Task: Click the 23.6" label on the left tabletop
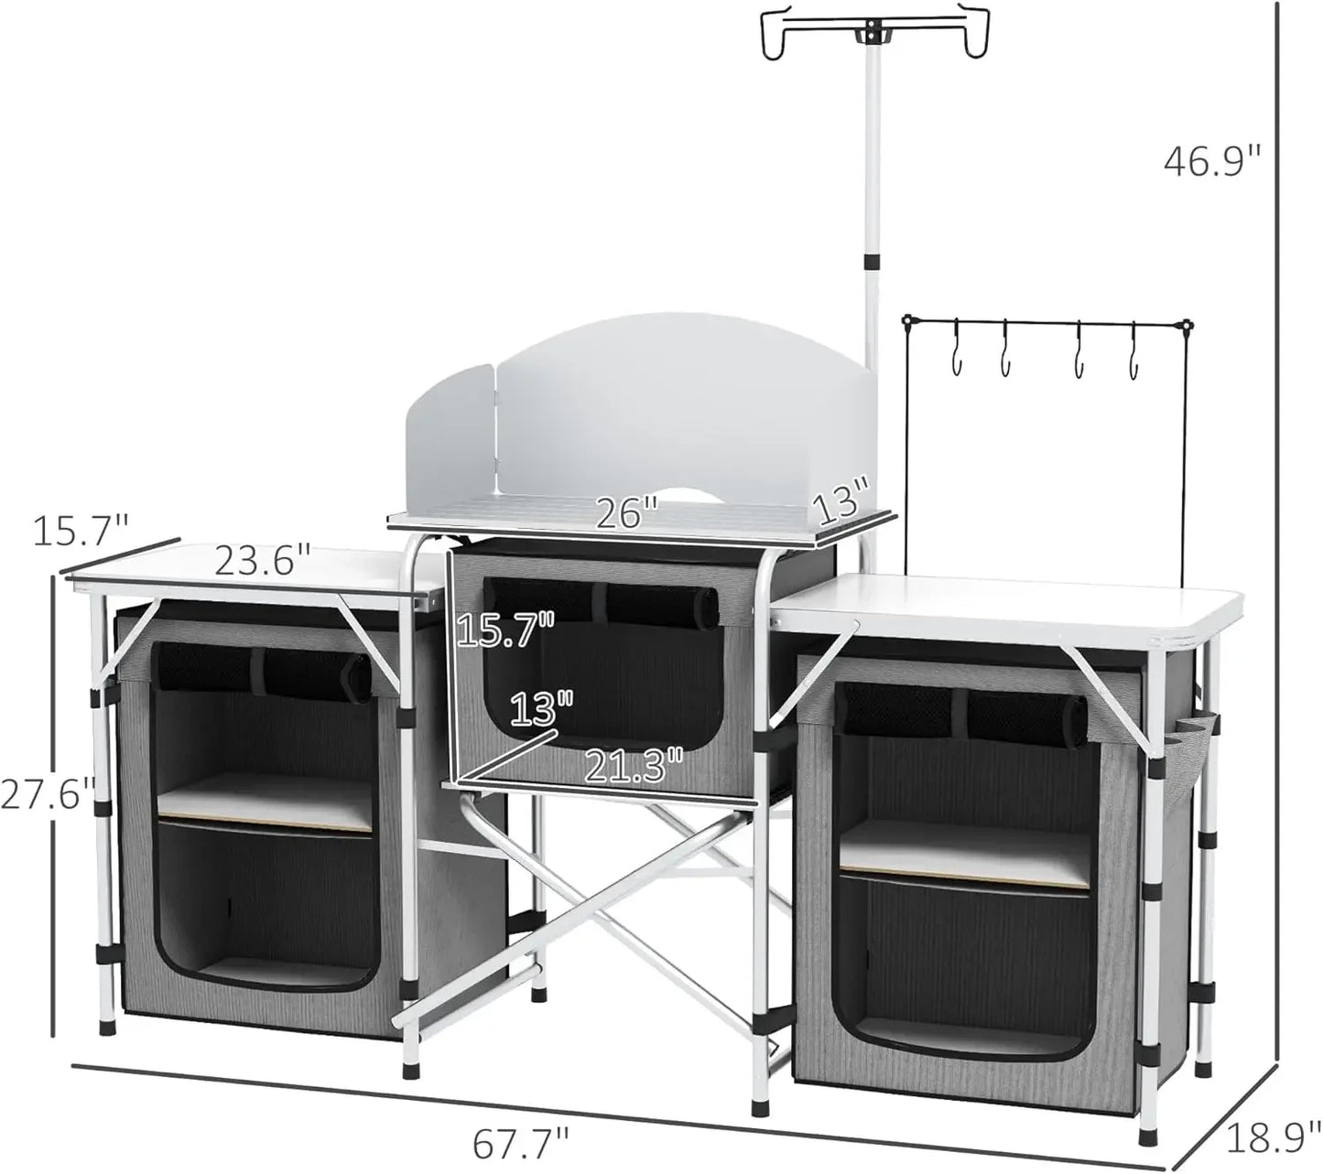pyautogui.click(x=263, y=561)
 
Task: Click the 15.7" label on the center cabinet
pyautogui.click(x=504, y=630)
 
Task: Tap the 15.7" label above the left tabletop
pyautogui.click(x=81, y=531)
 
